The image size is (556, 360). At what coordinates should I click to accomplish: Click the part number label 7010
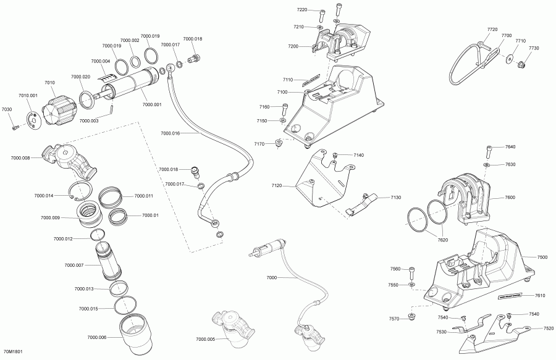pyautogui.click(x=49, y=83)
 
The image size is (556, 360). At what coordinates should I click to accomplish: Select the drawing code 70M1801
pyautogui.click(x=12, y=353)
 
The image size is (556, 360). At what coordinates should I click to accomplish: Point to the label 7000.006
pyautogui.click(x=97, y=337)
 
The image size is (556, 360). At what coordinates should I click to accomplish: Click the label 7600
pyautogui.click(x=510, y=197)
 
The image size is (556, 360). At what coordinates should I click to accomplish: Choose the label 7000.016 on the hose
pyautogui.click(x=170, y=133)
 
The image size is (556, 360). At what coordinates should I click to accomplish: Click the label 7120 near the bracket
pyautogui.click(x=276, y=185)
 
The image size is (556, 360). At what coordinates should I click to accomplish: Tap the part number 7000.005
pyautogui.click(x=206, y=339)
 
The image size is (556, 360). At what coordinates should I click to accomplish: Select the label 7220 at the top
pyautogui.click(x=301, y=10)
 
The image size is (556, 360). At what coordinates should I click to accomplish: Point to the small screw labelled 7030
pyautogui.click(x=15, y=128)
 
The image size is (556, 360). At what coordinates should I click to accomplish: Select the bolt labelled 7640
pyautogui.click(x=489, y=149)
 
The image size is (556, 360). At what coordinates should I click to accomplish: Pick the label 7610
pyautogui.click(x=540, y=295)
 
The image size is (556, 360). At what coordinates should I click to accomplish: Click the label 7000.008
pyautogui.click(x=20, y=158)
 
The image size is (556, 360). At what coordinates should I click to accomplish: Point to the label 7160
pyautogui.click(x=264, y=107)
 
